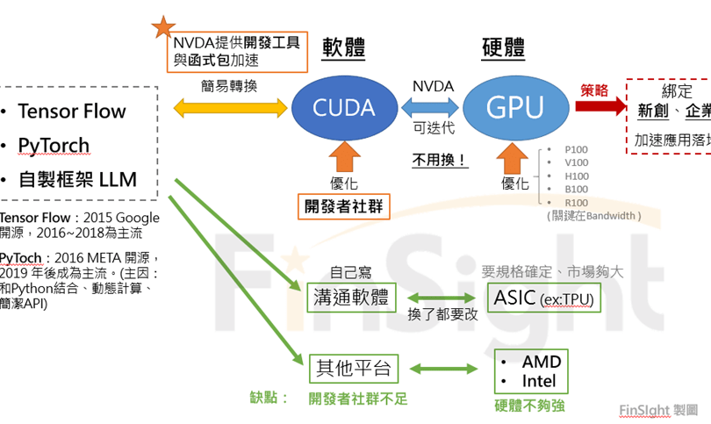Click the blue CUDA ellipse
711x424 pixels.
(344, 107)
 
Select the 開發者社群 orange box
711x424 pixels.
(343, 205)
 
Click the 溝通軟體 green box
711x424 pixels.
(348, 297)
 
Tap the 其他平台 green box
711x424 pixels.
(349, 366)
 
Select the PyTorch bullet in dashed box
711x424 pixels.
(54, 146)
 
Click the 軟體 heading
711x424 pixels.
(343, 47)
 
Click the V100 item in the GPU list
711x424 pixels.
(577, 162)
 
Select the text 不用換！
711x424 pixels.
(439, 161)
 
